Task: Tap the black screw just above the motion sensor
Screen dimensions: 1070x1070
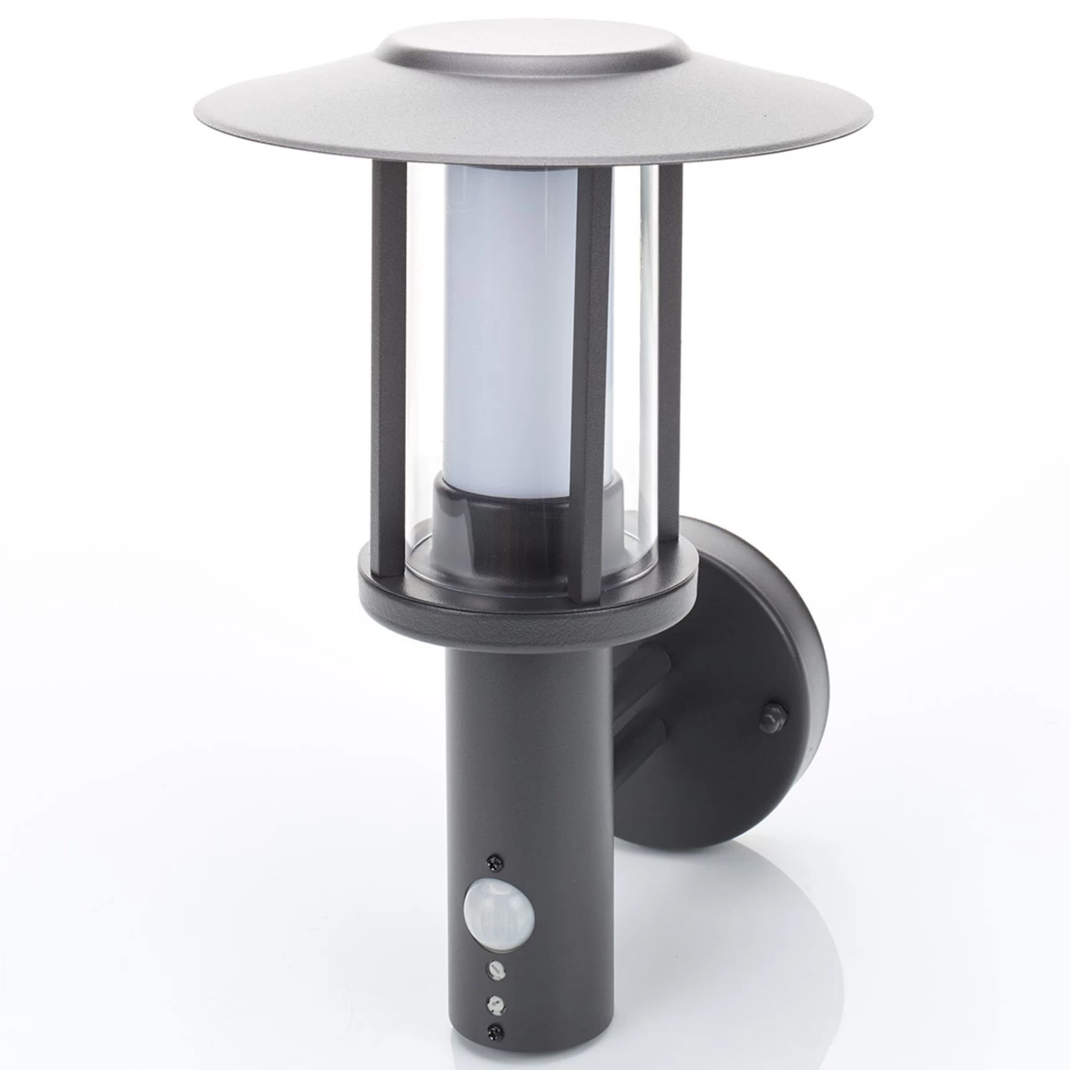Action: click(x=491, y=861)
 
